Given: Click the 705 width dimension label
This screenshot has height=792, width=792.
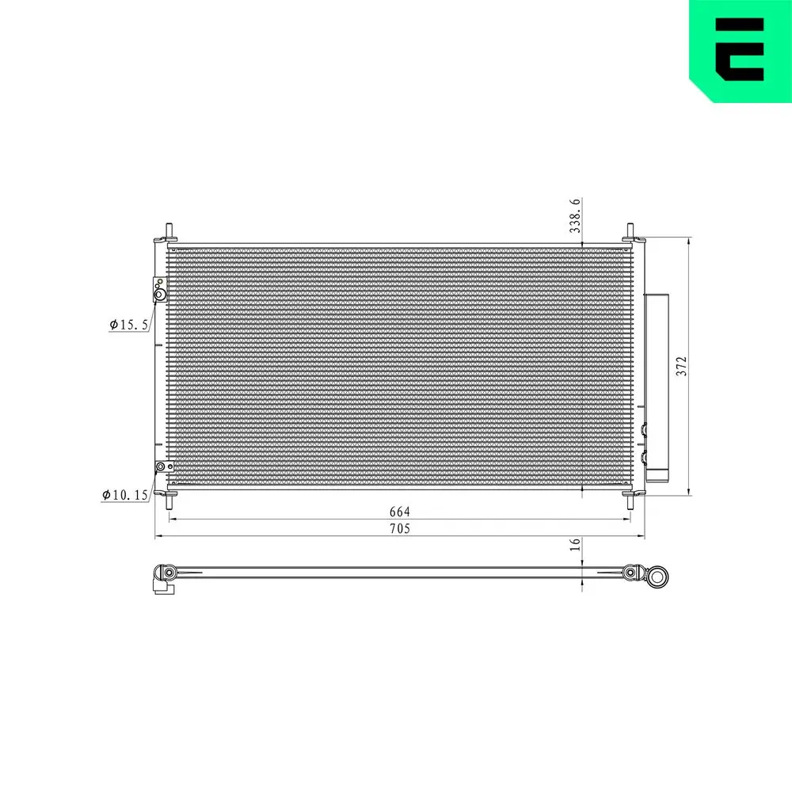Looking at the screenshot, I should pyautogui.click(x=400, y=529).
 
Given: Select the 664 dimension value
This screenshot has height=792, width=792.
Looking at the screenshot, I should pyautogui.click(x=400, y=512).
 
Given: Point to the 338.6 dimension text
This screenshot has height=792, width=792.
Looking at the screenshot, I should pyautogui.click(x=576, y=215).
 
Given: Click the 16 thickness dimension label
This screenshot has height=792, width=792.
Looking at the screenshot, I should pyautogui.click(x=576, y=544).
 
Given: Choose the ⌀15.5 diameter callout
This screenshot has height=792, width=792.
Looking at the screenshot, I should pyautogui.click(x=129, y=324).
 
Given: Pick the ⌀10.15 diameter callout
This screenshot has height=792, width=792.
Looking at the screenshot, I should pyautogui.click(x=126, y=495).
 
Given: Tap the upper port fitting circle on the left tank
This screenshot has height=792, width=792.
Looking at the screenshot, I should pyautogui.click(x=159, y=295).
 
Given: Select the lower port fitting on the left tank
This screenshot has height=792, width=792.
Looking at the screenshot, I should pyautogui.click(x=161, y=467).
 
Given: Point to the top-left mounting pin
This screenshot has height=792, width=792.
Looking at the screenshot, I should pyautogui.click(x=168, y=232).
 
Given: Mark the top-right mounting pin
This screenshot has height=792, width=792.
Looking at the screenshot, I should pyautogui.click(x=631, y=232).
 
